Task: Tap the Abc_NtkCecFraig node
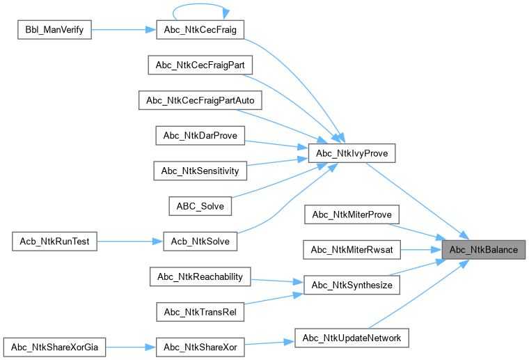196,31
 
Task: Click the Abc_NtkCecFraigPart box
200,65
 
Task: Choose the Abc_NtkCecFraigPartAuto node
200,100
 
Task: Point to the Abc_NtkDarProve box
200,135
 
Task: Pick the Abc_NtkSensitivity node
200,171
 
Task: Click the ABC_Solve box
200,206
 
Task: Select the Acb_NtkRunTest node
54,242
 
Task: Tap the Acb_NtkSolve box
200,242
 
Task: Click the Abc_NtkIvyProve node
352,152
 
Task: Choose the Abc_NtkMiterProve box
352,214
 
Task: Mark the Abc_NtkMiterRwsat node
352,249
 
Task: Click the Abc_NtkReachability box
200,276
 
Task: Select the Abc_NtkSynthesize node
352,285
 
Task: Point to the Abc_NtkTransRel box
200,312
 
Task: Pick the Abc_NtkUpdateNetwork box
352,338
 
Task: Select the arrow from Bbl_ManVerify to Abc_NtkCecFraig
118,31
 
